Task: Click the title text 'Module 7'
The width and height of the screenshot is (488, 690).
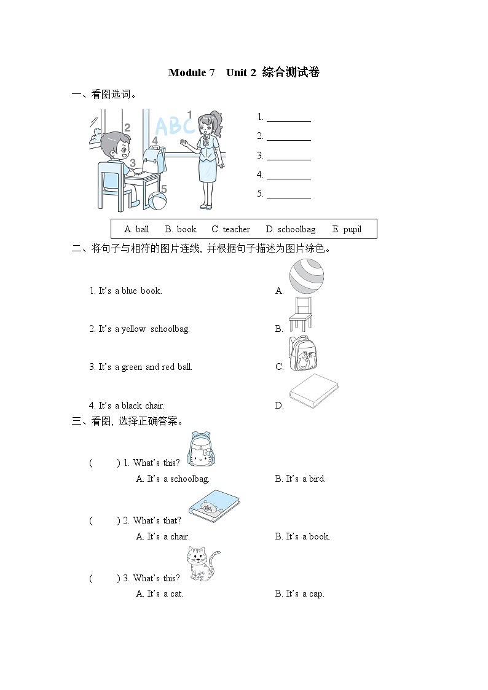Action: point(191,73)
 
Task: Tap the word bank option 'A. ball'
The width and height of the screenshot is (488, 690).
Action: point(136,229)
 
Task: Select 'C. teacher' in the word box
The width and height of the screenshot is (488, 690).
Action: point(230,229)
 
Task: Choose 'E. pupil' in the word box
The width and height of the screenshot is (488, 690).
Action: point(347,229)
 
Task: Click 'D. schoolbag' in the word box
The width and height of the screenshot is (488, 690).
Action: point(290,229)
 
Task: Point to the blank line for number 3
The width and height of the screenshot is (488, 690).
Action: point(288,156)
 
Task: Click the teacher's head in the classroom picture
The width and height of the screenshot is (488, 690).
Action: point(207,125)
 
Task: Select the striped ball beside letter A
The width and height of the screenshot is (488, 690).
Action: point(306,276)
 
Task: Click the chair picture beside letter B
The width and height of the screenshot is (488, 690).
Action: point(301,315)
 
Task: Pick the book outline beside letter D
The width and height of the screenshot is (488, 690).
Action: point(313,391)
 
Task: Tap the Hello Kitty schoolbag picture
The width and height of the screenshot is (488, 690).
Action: point(202,450)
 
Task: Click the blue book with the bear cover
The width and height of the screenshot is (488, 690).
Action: point(213,507)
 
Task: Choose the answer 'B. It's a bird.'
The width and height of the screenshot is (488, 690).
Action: point(300,479)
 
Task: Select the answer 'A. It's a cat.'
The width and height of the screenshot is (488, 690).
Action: point(159,594)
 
